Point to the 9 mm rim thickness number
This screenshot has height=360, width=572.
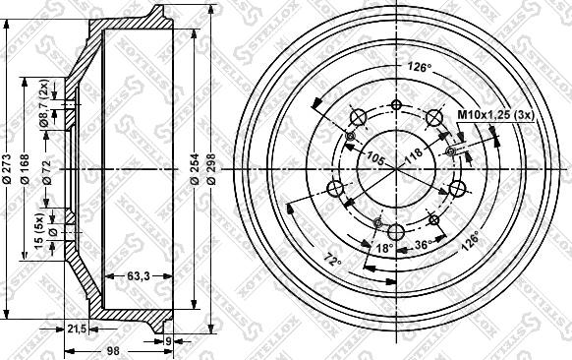coord(168,342)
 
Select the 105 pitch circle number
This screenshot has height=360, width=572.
coord(374,156)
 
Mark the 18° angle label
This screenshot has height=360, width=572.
coord(386,248)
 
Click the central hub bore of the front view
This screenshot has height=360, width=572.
coord(396,168)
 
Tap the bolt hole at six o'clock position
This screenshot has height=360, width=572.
coord(396,232)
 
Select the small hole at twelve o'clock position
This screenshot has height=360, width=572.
coord(396,105)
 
